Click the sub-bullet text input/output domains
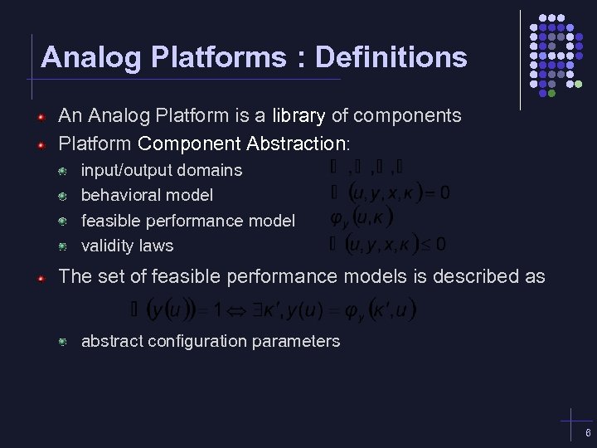coord(162,170)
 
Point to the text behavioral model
coord(147,195)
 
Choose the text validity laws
coord(127,246)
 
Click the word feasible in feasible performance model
coord(112,221)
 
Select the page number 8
coord(587,434)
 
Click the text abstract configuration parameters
coord(210,341)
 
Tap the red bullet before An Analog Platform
coord(40,116)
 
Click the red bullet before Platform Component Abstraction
coord(40,145)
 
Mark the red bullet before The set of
coord(40,277)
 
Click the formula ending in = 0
coord(390,194)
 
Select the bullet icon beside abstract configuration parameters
coord(62,342)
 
